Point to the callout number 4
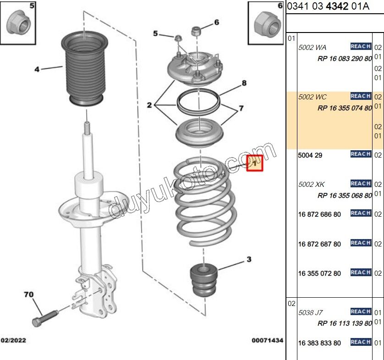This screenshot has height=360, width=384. pyautogui.click(x=37, y=70)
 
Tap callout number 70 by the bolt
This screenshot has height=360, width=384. pyautogui.click(x=28, y=295)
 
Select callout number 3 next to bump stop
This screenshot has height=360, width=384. pyautogui.click(x=249, y=260)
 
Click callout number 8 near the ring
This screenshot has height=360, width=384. pyautogui.click(x=244, y=83)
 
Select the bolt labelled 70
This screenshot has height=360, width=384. pyautogui.click(x=44, y=317)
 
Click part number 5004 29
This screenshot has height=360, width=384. pyautogui.click(x=310, y=155)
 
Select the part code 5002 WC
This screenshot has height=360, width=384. pyautogui.click(x=313, y=97)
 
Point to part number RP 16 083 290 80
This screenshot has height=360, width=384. pyautogui.click(x=345, y=59)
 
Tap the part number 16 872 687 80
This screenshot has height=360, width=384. pyautogui.click(x=319, y=244)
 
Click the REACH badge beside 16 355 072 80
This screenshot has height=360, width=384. pyautogui.click(x=361, y=273)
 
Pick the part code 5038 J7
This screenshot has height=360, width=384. pyautogui.click(x=311, y=312)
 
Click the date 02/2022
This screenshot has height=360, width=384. pyautogui.click(x=14, y=340)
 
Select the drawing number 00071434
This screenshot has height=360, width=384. pyautogui.click(x=267, y=340)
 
